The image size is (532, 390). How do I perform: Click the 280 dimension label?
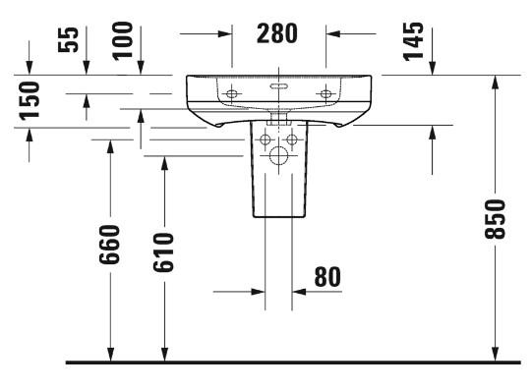pos(277,33)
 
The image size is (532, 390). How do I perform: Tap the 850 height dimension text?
pos(495,219)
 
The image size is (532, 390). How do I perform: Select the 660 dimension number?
pos(109,245)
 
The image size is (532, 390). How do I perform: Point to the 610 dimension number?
pos(163,252)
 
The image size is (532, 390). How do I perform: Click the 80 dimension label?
pos(327,277)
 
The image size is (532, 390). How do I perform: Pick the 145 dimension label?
pos(414,41)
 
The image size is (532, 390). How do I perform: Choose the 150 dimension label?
pos(30,101)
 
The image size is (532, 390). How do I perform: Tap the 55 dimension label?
pos(68,39)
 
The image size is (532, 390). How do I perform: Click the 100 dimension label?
pos(123,41)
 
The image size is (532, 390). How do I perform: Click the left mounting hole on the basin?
pos(232,94)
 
